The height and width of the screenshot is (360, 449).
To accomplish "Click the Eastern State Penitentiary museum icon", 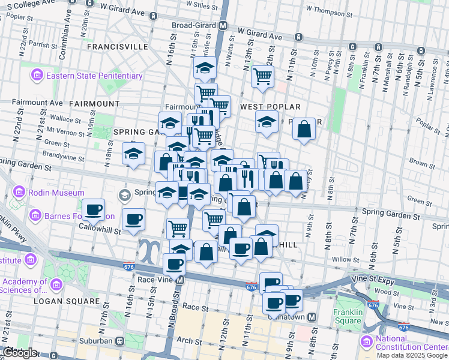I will tap(37, 76).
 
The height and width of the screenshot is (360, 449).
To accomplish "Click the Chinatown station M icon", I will tap(312, 317).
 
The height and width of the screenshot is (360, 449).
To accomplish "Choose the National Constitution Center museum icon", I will tap(367, 341).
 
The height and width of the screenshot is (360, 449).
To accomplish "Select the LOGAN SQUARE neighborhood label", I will tap(66, 301).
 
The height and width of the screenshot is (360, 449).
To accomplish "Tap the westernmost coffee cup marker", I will tap(93, 209).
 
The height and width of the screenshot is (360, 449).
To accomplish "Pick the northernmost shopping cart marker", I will tap(262, 76).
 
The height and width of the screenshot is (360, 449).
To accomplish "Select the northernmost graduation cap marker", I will tap(205, 67).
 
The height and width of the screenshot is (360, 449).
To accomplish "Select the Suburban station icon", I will tap(119, 341).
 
